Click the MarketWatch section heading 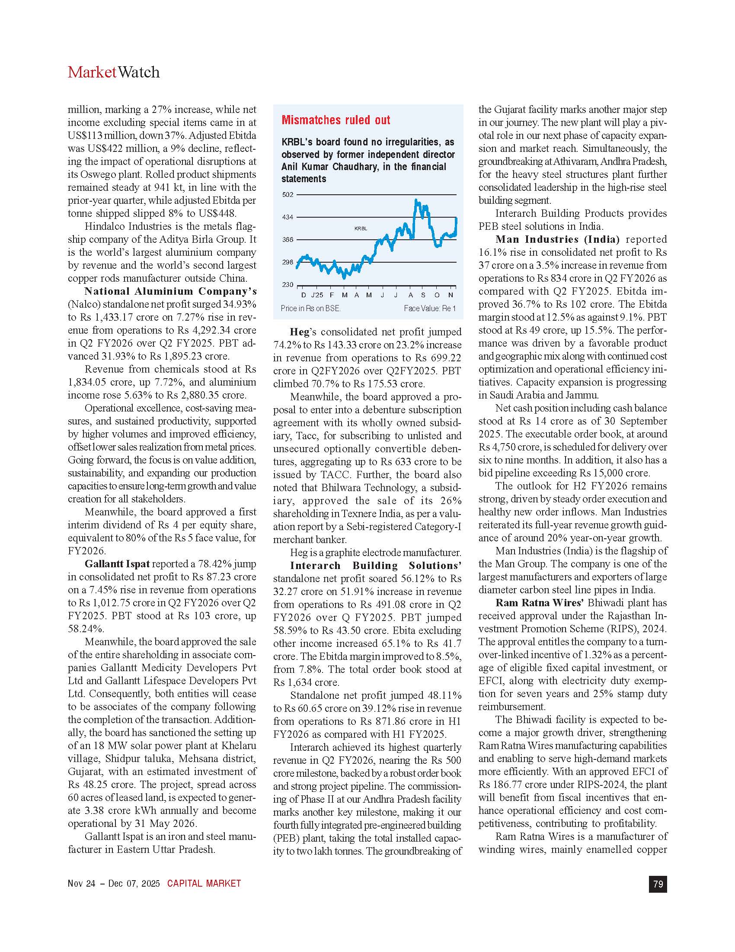[x=114, y=72]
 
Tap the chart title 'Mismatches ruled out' [x=336, y=120]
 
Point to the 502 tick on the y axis [x=288, y=195]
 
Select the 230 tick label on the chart [x=288, y=285]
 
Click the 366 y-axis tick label [x=288, y=240]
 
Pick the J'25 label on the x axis [x=317, y=295]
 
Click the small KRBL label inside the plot [x=361, y=228]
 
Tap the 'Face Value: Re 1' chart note [x=429, y=309]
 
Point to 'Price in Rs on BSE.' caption [x=310, y=309]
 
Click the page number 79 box [x=658, y=884]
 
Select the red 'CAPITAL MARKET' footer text [x=204, y=884]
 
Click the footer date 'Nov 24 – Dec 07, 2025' [x=114, y=884]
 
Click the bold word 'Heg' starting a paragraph [x=299, y=332]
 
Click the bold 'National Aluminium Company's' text [x=170, y=291]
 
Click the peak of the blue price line [x=416, y=200]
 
